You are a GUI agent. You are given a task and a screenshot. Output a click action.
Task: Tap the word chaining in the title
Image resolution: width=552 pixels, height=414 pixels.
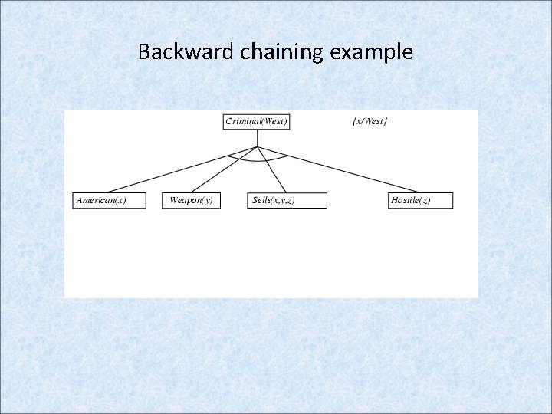(x=275, y=52)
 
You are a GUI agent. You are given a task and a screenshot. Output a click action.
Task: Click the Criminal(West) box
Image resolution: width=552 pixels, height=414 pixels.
(x=257, y=122)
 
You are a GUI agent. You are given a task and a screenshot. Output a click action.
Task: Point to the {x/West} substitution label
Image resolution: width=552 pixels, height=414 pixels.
(x=369, y=121)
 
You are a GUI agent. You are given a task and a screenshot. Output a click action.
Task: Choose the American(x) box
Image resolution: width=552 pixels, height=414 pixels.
(x=108, y=201)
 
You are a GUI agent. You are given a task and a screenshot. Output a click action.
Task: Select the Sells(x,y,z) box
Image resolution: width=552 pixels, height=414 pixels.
(x=288, y=201)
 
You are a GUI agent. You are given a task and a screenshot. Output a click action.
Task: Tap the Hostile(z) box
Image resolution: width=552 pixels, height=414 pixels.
(x=420, y=201)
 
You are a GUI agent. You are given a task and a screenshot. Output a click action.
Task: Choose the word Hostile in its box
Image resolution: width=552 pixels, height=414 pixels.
(x=406, y=201)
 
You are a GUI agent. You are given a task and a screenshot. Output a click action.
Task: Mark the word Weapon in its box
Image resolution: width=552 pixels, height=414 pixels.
(x=184, y=201)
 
